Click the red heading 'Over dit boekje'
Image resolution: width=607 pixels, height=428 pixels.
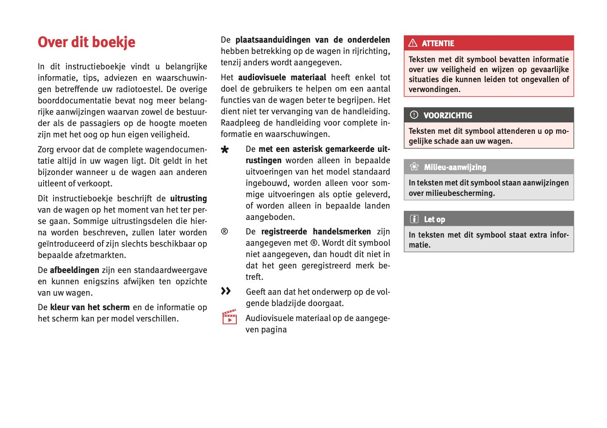(x=87, y=42)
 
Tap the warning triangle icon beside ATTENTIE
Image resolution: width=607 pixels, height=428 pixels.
(x=413, y=43)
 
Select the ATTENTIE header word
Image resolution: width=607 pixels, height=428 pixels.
(x=438, y=44)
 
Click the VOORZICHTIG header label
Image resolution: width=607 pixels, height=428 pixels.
(x=448, y=116)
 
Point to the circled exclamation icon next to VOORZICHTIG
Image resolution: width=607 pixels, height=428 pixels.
(x=414, y=115)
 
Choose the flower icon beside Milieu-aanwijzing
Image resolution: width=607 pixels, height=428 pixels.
(x=414, y=167)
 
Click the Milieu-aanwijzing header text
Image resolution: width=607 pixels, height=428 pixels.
(x=455, y=167)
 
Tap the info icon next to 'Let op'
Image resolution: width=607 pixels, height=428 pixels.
(x=414, y=219)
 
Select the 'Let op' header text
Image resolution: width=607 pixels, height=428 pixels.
(x=435, y=219)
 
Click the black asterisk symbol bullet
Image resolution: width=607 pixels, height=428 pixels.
(x=225, y=150)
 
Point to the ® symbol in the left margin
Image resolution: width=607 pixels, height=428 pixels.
(x=225, y=232)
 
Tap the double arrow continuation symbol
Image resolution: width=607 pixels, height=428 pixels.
(x=226, y=291)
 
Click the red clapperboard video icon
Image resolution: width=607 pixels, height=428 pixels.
(x=230, y=317)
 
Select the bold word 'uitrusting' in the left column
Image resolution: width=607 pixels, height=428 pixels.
(x=188, y=199)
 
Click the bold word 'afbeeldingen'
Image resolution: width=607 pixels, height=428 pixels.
(x=74, y=270)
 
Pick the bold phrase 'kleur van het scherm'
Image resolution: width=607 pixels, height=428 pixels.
(x=90, y=307)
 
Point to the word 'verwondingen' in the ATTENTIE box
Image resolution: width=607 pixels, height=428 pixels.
(x=434, y=89)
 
